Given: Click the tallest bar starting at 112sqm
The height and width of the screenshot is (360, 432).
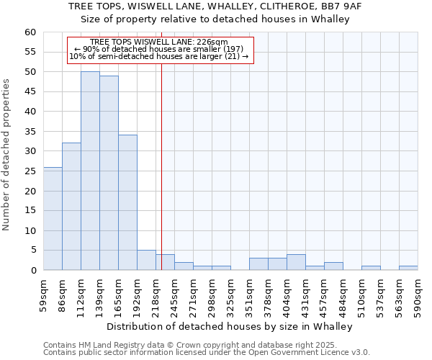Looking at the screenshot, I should [90, 171].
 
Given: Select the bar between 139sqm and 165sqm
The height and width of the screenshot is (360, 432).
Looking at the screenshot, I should [109, 173].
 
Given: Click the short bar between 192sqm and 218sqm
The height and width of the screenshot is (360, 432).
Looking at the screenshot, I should [146, 261].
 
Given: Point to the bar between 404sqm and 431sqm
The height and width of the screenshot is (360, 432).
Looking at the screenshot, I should [296, 263].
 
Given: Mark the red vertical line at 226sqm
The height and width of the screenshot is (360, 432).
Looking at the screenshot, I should [161, 180].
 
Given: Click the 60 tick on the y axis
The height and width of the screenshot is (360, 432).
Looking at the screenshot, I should [30, 32].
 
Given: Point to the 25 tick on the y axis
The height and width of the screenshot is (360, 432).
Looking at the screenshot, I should [30, 171].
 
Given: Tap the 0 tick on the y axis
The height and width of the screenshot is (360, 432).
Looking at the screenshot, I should [32, 271].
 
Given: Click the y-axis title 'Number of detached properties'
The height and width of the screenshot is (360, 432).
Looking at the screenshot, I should [6, 155].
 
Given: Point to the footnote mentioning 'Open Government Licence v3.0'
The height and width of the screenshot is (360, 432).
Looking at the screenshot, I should [207, 352].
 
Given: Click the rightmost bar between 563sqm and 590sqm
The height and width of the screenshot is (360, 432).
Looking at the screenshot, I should [408, 269].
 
